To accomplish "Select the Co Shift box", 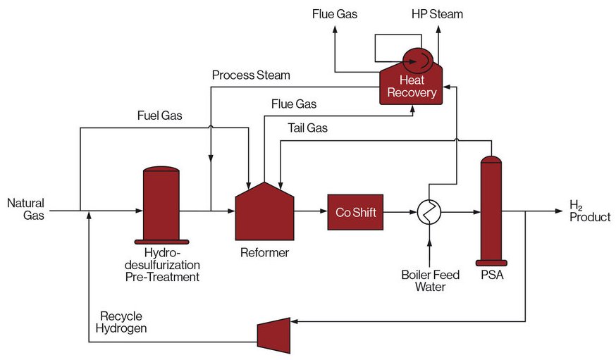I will pyautogui.click(x=356, y=212).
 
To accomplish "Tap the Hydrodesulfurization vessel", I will pyautogui.click(x=161, y=205).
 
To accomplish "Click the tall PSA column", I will pyautogui.click(x=491, y=211).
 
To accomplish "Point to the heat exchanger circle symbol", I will pyautogui.click(x=428, y=211).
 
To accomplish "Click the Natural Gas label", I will pyautogui.click(x=26, y=210).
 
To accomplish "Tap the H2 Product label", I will pyautogui.click(x=589, y=211).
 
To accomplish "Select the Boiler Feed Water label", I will pyautogui.click(x=430, y=281).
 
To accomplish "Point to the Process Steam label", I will pyautogui.click(x=251, y=75).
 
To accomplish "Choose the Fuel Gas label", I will pyautogui.click(x=160, y=116).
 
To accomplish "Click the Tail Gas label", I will pyautogui.click(x=308, y=128).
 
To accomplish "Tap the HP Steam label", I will pyautogui.click(x=438, y=14).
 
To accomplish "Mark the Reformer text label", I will pyautogui.click(x=264, y=252).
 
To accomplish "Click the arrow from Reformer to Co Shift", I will pyautogui.click(x=310, y=211).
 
